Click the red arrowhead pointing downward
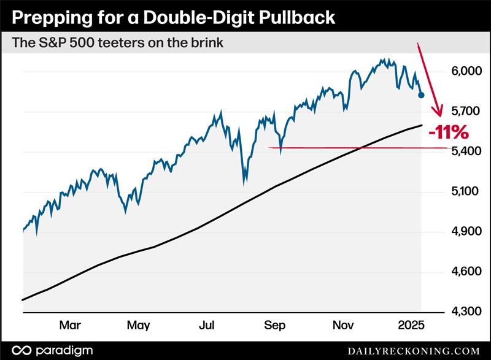(x=438, y=112)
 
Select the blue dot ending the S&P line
(x=421, y=95)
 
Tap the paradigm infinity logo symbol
(x=22, y=350)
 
